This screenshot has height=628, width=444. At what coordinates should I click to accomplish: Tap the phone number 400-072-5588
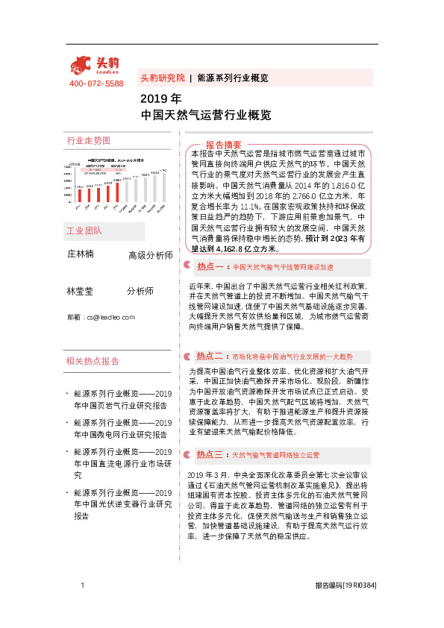[x=96, y=84]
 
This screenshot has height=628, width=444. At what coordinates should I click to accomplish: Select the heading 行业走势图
[x=88, y=140]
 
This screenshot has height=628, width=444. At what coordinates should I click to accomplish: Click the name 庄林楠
[x=81, y=254]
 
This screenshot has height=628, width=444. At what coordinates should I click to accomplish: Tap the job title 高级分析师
[x=151, y=256]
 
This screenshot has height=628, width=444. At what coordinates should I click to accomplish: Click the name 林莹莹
[x=81, y=291]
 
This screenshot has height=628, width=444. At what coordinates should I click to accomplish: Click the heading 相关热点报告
[x=93, y=361]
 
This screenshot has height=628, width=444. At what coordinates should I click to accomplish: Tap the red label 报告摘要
[x=223, y=145]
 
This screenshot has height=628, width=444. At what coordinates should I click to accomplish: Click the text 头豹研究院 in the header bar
[x=163, y=78]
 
